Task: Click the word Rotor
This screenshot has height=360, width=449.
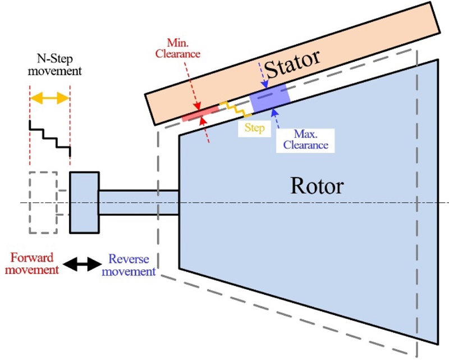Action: click(315, 185)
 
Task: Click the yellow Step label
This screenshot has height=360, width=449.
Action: click(254, 127)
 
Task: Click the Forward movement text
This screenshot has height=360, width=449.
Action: click(35, 264)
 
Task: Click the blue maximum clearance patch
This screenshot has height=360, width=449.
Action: click(270, 99)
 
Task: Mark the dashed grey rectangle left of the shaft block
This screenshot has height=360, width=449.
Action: click(43, 202)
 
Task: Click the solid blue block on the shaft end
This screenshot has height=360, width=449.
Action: click(84, 202)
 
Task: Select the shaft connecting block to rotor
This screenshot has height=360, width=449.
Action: click(138, 202)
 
